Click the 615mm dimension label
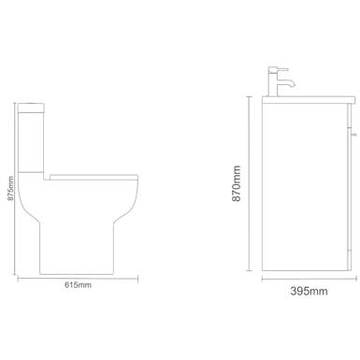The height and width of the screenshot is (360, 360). click(x=78, y=284)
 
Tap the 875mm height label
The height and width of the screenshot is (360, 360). click(x=10, y=189)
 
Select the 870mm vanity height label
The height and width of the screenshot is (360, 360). click(x=237, y=183)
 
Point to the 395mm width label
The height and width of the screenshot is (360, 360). click(x=309, y=291)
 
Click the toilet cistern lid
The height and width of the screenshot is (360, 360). click(x=31, y=108)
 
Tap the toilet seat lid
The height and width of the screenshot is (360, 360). click(x=94, y=178)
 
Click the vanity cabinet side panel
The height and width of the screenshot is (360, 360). click(x=305, y=187)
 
